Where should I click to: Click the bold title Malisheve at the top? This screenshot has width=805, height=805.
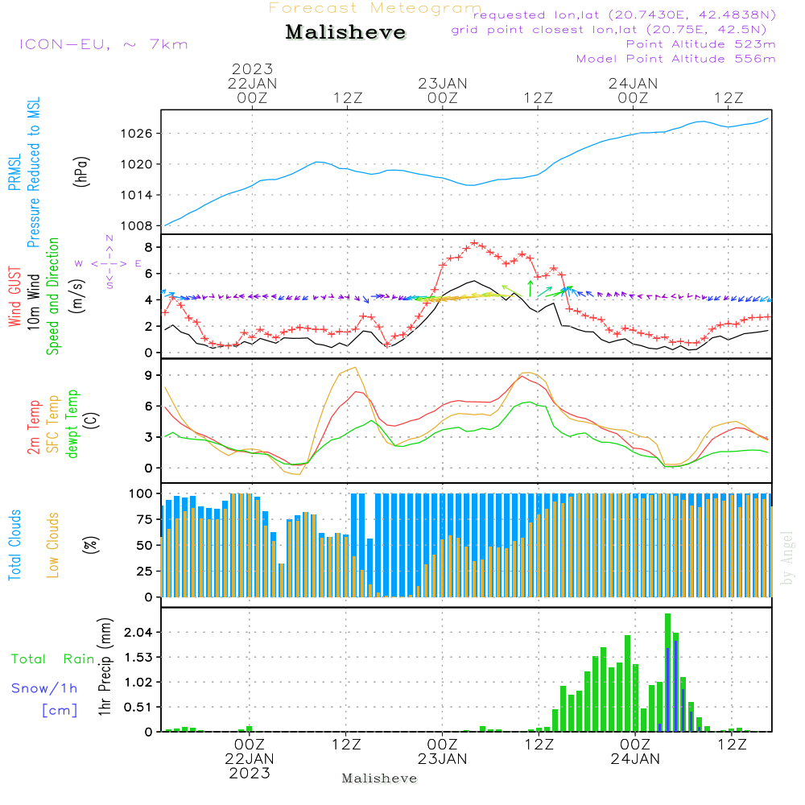click(x=345, y=32)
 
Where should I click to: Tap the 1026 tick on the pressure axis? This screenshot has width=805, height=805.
click(x=138, y=133)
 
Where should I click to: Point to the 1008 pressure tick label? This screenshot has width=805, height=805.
click(x=138, y=226)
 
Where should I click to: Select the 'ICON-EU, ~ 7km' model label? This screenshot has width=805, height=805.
click(x=103, y=44)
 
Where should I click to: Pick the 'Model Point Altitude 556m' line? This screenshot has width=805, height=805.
click(x=675, y=59)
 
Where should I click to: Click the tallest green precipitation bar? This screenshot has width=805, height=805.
click(x=667, y=672)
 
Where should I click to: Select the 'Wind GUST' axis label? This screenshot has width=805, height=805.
click(x=15, y=299)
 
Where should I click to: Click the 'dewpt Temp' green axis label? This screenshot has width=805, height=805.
click(x=72, y=424)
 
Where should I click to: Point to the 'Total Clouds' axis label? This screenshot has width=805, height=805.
click(x=15, y=545)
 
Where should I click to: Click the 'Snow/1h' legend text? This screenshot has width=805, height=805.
click(x=45, y=688)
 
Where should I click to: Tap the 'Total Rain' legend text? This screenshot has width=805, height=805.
click(x=53, y=659)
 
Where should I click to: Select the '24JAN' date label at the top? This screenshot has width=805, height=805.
click(x=633, y=84)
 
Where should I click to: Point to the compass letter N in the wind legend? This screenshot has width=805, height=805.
click(x=109, y=238)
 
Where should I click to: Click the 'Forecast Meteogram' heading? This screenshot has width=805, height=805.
click(x=375, y=8)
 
